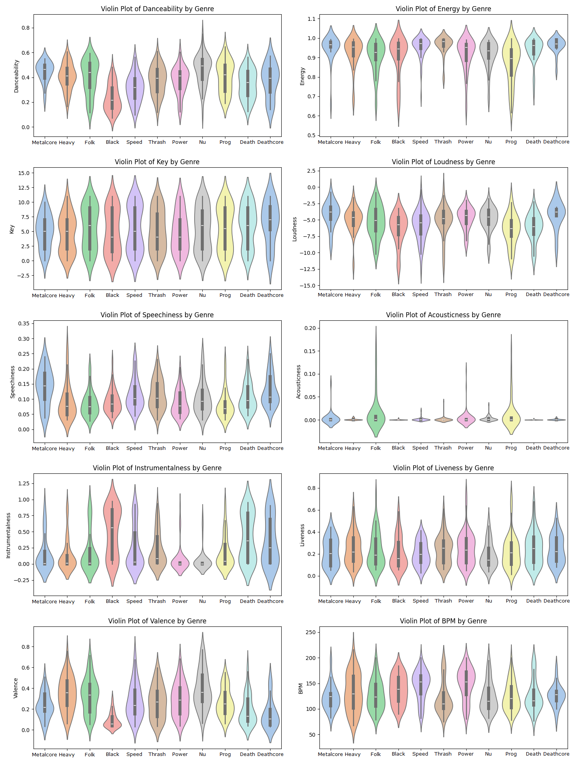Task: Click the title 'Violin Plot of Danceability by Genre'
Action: pyautogui.click(x=157, y=9)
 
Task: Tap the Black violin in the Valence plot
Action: pyautogui.click(x=112, y=723)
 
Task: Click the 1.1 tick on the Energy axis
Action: pyautogui.click(x=311, y=19)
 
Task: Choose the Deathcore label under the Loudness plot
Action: pyautogui.click(x=556, y=295)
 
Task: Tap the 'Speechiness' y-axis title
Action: pyautogui.click(x=12, y=382)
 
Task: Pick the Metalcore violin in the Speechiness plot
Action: pyautogui.click(x=45, y=385)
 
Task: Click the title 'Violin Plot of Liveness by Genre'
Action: pyautogui.click(x=443, y=468)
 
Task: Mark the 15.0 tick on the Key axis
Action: pyautogui.click(x=24, y=173)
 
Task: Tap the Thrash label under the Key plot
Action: pyautogui.click(x=157, y=295)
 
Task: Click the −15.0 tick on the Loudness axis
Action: pyautogui.click(x=309, y=286)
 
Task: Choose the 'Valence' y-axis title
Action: pyautogui.click(x=16, y=688)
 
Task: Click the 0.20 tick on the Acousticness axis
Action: pyautogui.click(x=310, y=328)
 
